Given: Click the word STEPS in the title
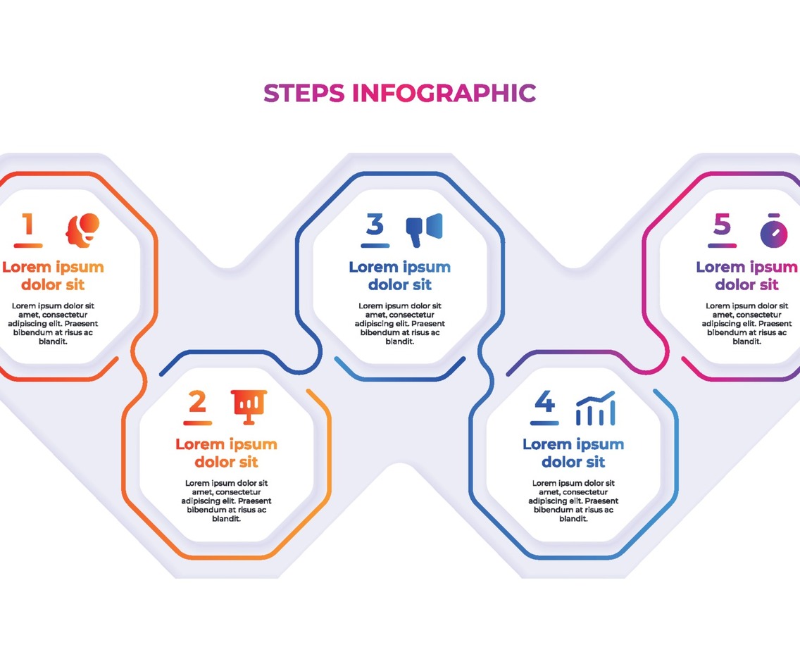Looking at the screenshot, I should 304,93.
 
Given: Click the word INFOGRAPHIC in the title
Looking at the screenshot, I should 444,93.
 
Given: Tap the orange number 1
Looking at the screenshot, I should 28,225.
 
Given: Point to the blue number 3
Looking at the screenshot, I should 375,225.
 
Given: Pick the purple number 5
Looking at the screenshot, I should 722,225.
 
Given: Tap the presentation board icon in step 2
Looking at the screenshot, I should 249,406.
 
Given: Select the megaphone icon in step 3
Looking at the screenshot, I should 424,229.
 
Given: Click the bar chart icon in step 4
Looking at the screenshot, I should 595,409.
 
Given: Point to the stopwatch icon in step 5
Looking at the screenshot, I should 773,231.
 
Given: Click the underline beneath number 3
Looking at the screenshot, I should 375,246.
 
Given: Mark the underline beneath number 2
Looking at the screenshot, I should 197,423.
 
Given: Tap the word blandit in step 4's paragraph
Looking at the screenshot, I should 573,519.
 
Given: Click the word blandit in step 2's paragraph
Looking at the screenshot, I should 226,519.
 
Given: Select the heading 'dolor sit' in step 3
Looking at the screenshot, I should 399,285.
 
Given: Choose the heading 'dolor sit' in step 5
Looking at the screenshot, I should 746,285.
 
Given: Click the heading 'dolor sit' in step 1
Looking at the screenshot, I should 53,285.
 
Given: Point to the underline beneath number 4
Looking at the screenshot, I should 544,423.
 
